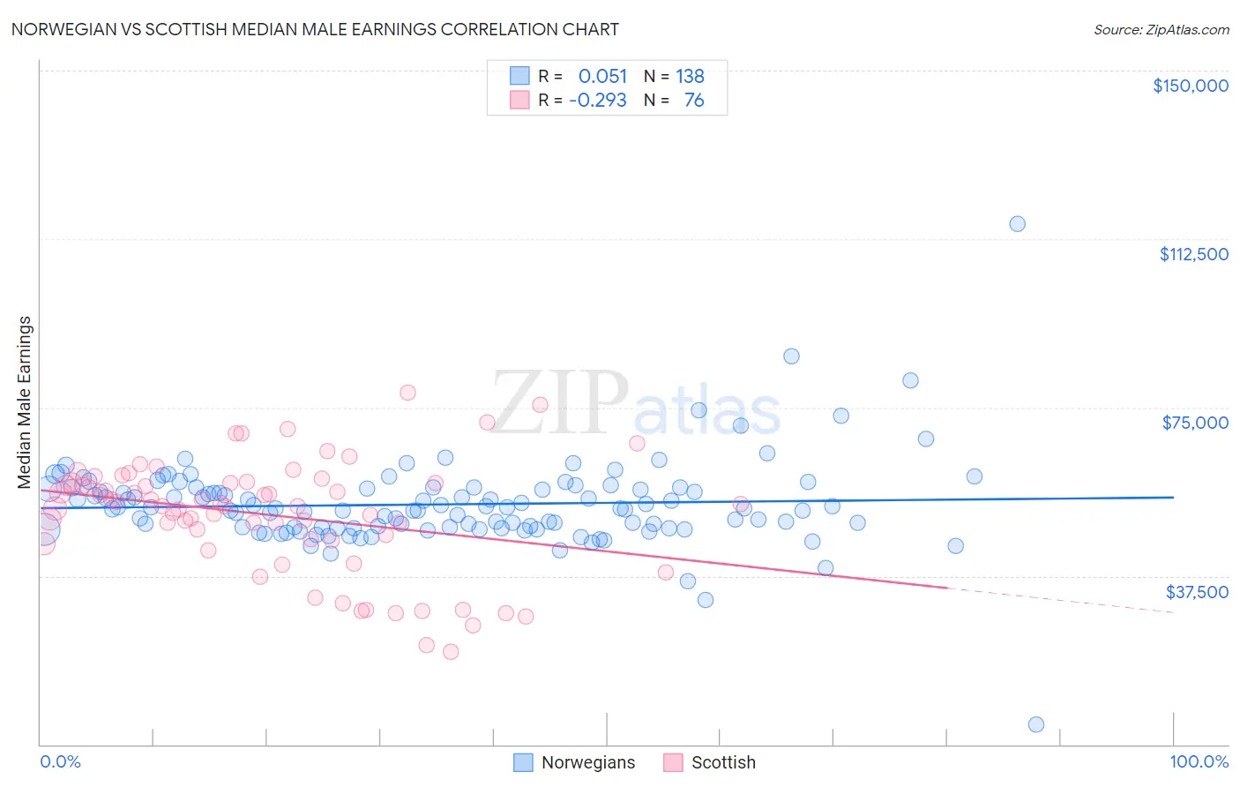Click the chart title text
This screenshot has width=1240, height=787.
tap(315, 29)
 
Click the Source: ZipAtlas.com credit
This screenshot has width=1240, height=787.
tap(1161, 29)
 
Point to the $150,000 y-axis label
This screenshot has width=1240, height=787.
tap(1190, 86)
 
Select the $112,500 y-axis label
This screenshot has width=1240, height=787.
tap(1193, 254)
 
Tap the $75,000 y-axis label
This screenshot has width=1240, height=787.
tap(1195, 423)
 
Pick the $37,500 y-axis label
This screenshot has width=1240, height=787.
tap(1196, 592)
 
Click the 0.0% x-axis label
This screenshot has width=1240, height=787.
tap(60, 761)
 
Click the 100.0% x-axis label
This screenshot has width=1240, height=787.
tap(1199, 761)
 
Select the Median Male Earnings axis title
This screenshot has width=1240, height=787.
tap(25, 401)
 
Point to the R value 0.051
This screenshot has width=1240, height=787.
tap(602, 76)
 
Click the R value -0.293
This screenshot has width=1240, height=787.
tap(598, 100)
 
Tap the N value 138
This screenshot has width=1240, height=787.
tap(690, 76)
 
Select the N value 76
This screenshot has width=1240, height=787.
tap(694, 100)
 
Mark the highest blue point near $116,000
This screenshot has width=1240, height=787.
tap(1017, 224)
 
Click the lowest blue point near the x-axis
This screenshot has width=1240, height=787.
tap(1036, 724)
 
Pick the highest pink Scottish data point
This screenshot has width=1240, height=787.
tap(407, 393)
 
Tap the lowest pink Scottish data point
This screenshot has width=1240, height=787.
tap(451, 652)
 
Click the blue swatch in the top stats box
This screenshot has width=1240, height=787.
tap(519, 76)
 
